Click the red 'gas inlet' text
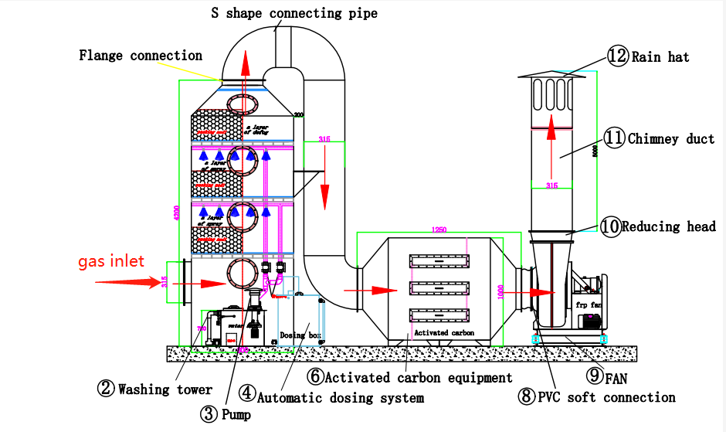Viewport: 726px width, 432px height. [110, 262]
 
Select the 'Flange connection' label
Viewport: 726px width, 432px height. [141, 56]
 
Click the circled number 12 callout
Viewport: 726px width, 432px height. [617, 56]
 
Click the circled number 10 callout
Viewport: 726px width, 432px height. [610, 226]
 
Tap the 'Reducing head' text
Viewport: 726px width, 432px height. [669, 226]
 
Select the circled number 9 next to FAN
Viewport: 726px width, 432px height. [595, 376]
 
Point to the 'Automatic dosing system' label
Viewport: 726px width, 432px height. [340, 397]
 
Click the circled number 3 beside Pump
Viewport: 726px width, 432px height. [209, 414]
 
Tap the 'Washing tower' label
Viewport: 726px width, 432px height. [165, 389]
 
